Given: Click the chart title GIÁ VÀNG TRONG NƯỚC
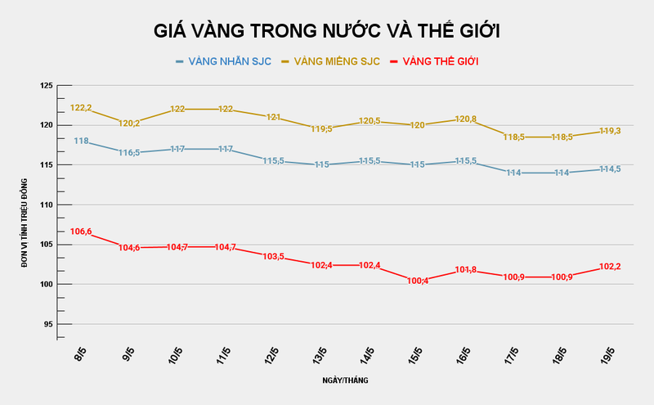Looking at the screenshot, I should [327, 31].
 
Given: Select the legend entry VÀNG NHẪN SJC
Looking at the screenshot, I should [223, 61].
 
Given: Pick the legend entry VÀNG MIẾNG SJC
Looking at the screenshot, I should [330, 61].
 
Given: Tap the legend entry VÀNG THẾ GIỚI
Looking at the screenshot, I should [434, 61].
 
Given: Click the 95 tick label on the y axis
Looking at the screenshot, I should [47, 324].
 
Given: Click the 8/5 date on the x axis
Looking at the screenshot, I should [80, 357].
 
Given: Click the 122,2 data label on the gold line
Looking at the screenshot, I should [81, 108].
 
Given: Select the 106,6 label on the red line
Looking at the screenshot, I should [81, 232].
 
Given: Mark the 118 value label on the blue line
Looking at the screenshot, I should [81, 141].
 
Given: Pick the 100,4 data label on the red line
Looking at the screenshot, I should [418, 281].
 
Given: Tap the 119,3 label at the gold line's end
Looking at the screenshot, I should [609, 131].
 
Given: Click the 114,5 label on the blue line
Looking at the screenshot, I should [609, 169].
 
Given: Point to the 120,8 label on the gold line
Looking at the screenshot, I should [466, 119].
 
